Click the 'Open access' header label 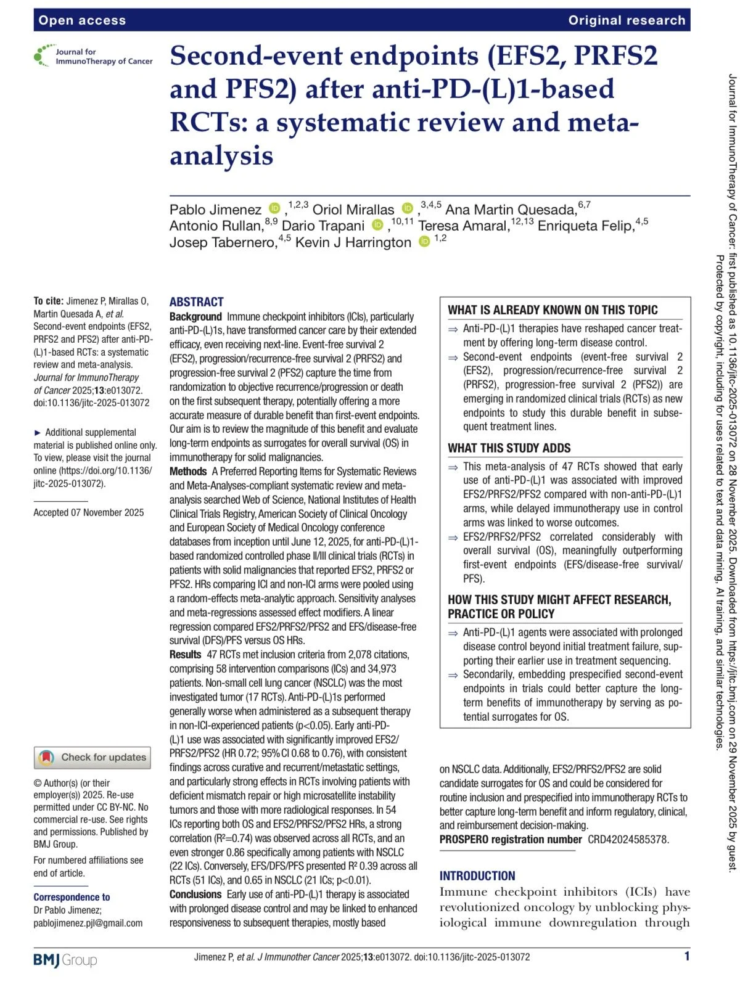82,20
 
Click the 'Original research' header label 627,20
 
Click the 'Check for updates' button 92,757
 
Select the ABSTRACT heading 196,302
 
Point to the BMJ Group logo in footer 65,960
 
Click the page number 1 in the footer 687,956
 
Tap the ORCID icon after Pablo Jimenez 275,209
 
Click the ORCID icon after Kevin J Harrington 424,242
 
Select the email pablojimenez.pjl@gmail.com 88,923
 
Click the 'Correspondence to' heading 72,897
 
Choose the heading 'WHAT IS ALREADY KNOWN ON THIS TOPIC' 553,310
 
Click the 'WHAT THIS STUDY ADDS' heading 509,448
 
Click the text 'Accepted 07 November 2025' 89,512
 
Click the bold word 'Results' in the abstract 186,655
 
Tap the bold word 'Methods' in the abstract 188,472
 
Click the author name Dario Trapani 323,226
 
